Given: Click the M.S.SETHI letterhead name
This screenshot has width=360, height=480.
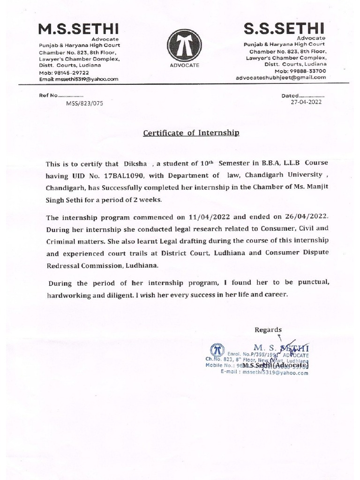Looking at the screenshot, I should pos(79,29).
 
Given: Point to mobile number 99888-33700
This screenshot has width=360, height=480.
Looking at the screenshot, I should pos(306,71).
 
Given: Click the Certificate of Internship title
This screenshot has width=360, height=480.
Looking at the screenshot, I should pos(191,133).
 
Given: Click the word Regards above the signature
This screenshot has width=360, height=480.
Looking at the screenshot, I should pos(268,330).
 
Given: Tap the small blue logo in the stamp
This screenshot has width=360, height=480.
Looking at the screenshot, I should pos(216,350).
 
